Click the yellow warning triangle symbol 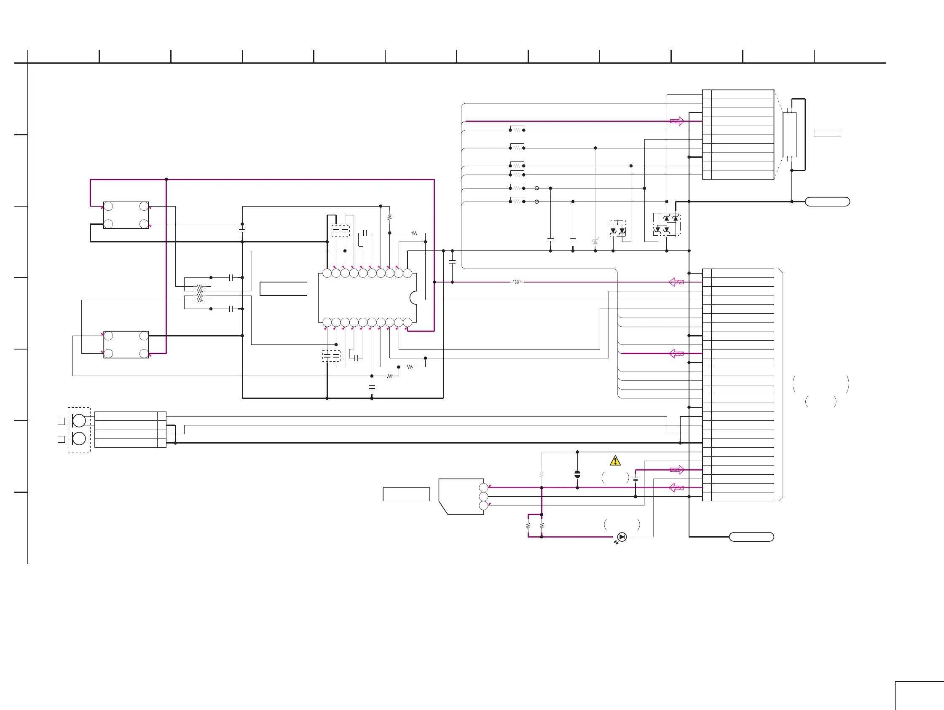click(615, 461)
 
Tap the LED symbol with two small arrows click(621, 537)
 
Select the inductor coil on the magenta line click(517, 282)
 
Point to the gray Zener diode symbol click(595, 242)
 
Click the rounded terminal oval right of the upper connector click(827, 202)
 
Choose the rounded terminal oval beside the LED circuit click(751, 537)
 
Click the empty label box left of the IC click(283, 289)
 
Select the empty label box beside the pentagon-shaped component click(406, 495)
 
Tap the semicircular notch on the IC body click(413, 298)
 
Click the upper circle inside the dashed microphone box click(79, 420)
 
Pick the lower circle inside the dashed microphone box click(79, 438)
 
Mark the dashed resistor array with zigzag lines click(200, 293)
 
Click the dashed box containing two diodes click(617, 229)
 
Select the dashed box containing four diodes click(667, 224)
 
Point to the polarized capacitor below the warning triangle click(577, 474)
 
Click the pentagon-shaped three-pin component click(461, 496)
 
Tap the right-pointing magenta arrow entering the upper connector click(677, 121)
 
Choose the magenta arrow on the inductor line click(676, 282)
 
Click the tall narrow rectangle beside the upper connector click(789, 134)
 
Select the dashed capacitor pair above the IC click(340, 231)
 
